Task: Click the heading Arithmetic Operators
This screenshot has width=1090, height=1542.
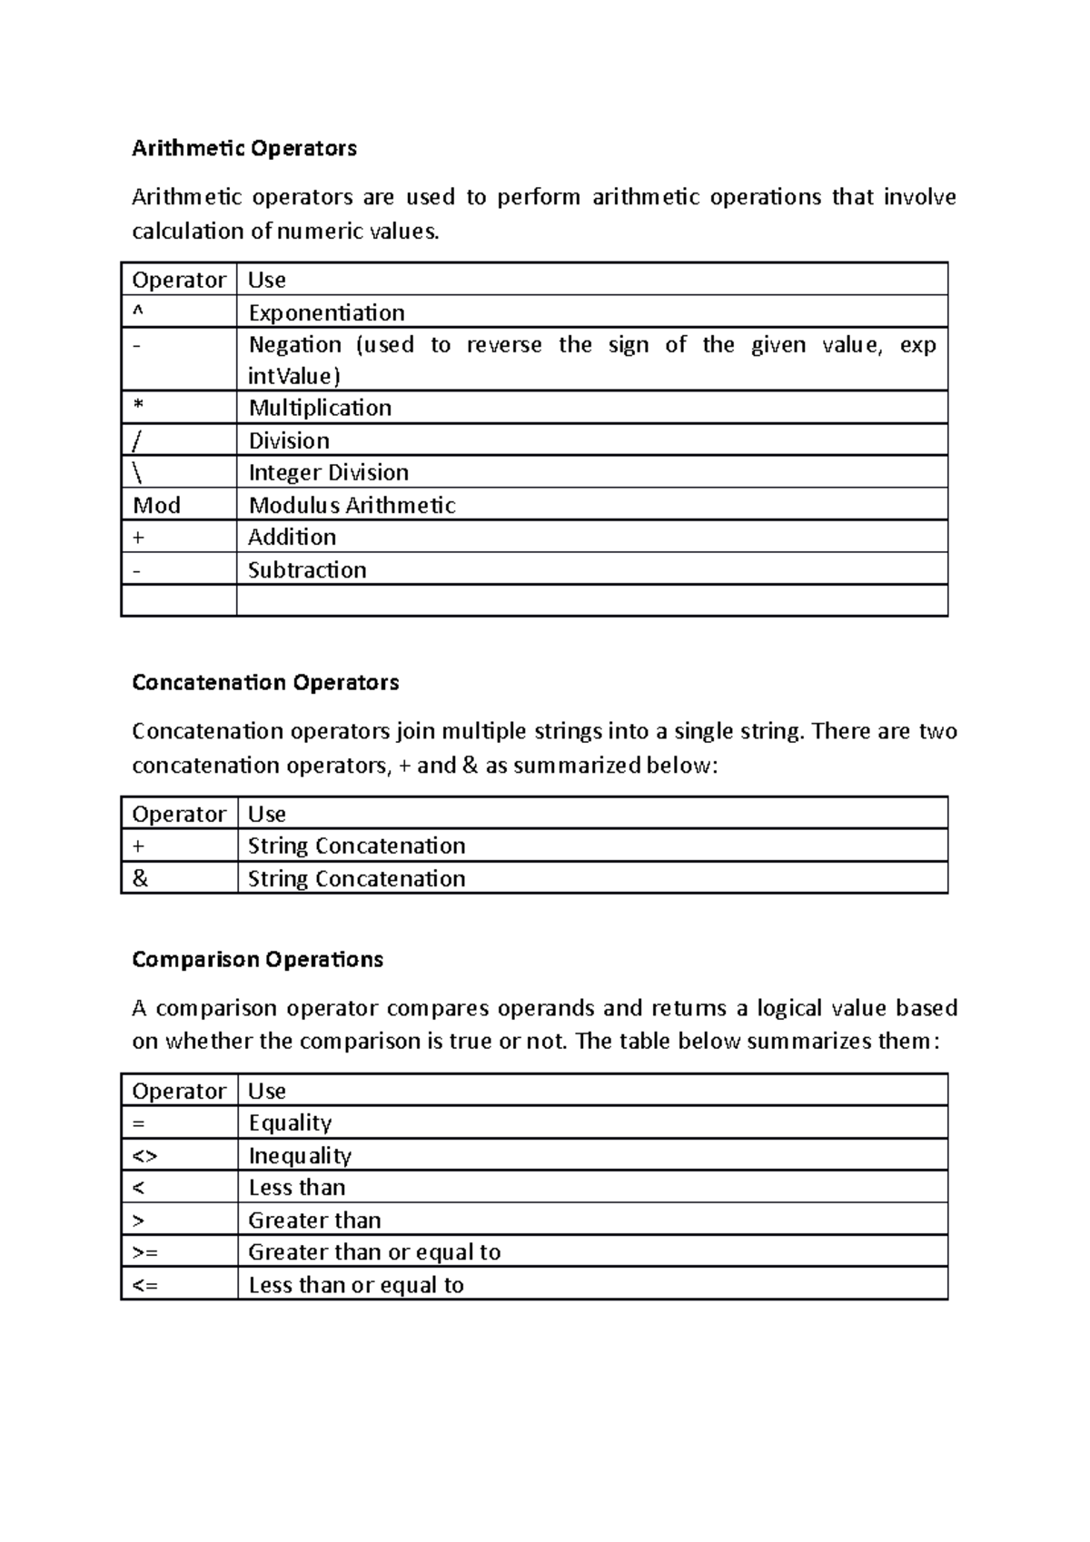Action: click(x=244, y=148)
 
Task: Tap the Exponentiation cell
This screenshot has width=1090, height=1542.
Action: click(x=326, y=312)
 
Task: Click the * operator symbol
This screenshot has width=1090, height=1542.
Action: click(x=138, y=408)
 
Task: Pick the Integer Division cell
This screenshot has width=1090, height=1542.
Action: click(x=328, y=472)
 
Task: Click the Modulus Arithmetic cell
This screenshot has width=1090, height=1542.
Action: click(x=352, y=505)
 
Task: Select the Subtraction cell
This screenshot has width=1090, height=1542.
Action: click(x=307, y=569)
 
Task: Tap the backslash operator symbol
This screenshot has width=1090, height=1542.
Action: click(x=138, y=472)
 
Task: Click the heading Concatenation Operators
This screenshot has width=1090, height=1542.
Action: click(x=265, y=682)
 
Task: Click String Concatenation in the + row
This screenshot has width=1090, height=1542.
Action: click(x=356, y=845)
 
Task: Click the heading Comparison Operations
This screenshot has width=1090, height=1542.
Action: click(x=257, y=959)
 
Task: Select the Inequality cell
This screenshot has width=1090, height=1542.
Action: click(x=300, y=1155)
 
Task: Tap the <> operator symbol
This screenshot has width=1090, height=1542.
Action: click(x=144, y=1155)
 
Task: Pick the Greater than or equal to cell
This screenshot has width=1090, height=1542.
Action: click(x=374, y=1251)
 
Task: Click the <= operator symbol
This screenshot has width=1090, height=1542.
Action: click(x=144, y=1284)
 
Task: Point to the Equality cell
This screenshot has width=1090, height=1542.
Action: click(x=290, y=1122)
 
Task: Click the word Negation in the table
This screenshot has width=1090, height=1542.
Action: click(x=295, y=344)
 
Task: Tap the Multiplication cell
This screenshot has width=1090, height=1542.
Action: click(x=320, y=408)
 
